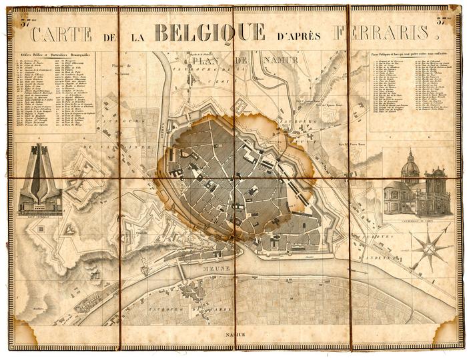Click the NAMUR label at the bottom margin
click(x=235, y=335)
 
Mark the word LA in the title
click(x=136, y=37)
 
